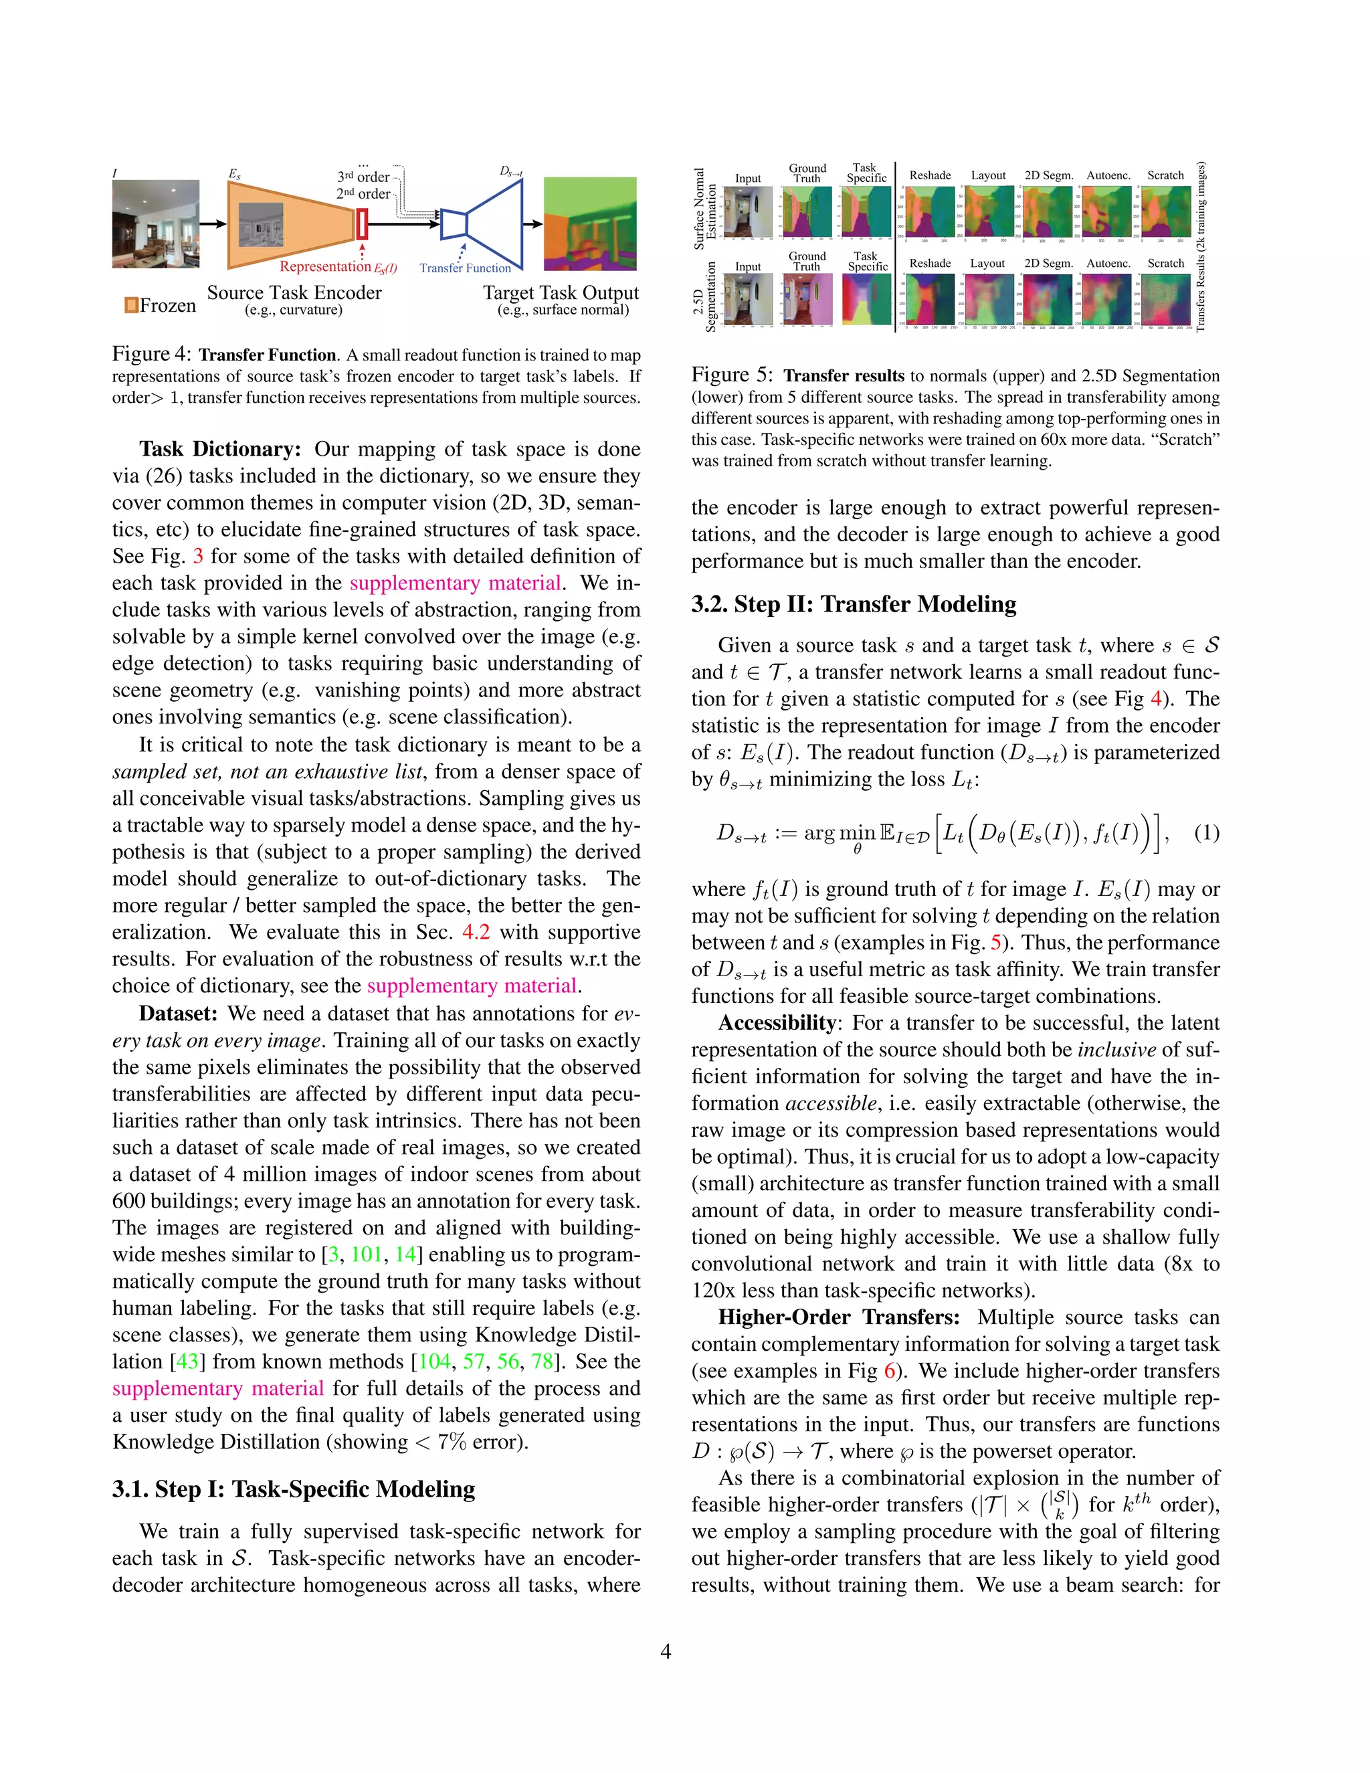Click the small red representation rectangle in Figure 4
(363, 223)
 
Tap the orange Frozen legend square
(130, 305)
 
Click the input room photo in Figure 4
(155, 224)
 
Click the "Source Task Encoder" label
(294, 293)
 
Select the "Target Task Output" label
(561, 293)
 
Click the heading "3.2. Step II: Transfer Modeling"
(853, 604)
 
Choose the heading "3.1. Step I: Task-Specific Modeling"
(294, 1489)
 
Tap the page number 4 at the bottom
(666, 1651)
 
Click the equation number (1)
(1206, 833)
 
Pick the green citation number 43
(187, 1362)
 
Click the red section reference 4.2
(476, 932)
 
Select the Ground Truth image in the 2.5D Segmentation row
(808, 299)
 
